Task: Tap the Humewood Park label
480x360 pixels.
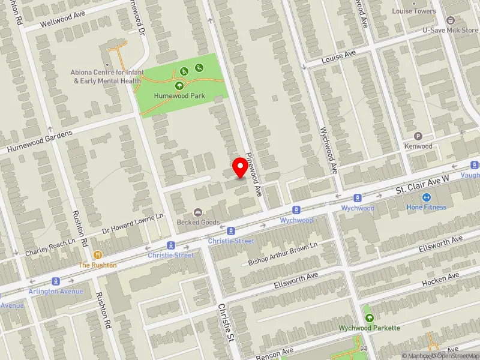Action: point(179,96)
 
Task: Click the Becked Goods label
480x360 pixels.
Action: point(198,222)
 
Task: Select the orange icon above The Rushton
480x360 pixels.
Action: point(96,255)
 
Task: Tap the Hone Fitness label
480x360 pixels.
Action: point(427,207)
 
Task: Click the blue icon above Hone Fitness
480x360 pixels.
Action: point(427,197)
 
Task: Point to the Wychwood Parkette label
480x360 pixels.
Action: point(369,328)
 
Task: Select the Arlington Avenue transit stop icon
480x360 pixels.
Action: point(55,281)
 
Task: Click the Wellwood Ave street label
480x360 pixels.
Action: point(64,20)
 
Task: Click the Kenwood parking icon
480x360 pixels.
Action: point(418,136)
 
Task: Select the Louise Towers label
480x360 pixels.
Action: point(414,11)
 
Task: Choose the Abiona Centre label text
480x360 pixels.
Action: point(107,76)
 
